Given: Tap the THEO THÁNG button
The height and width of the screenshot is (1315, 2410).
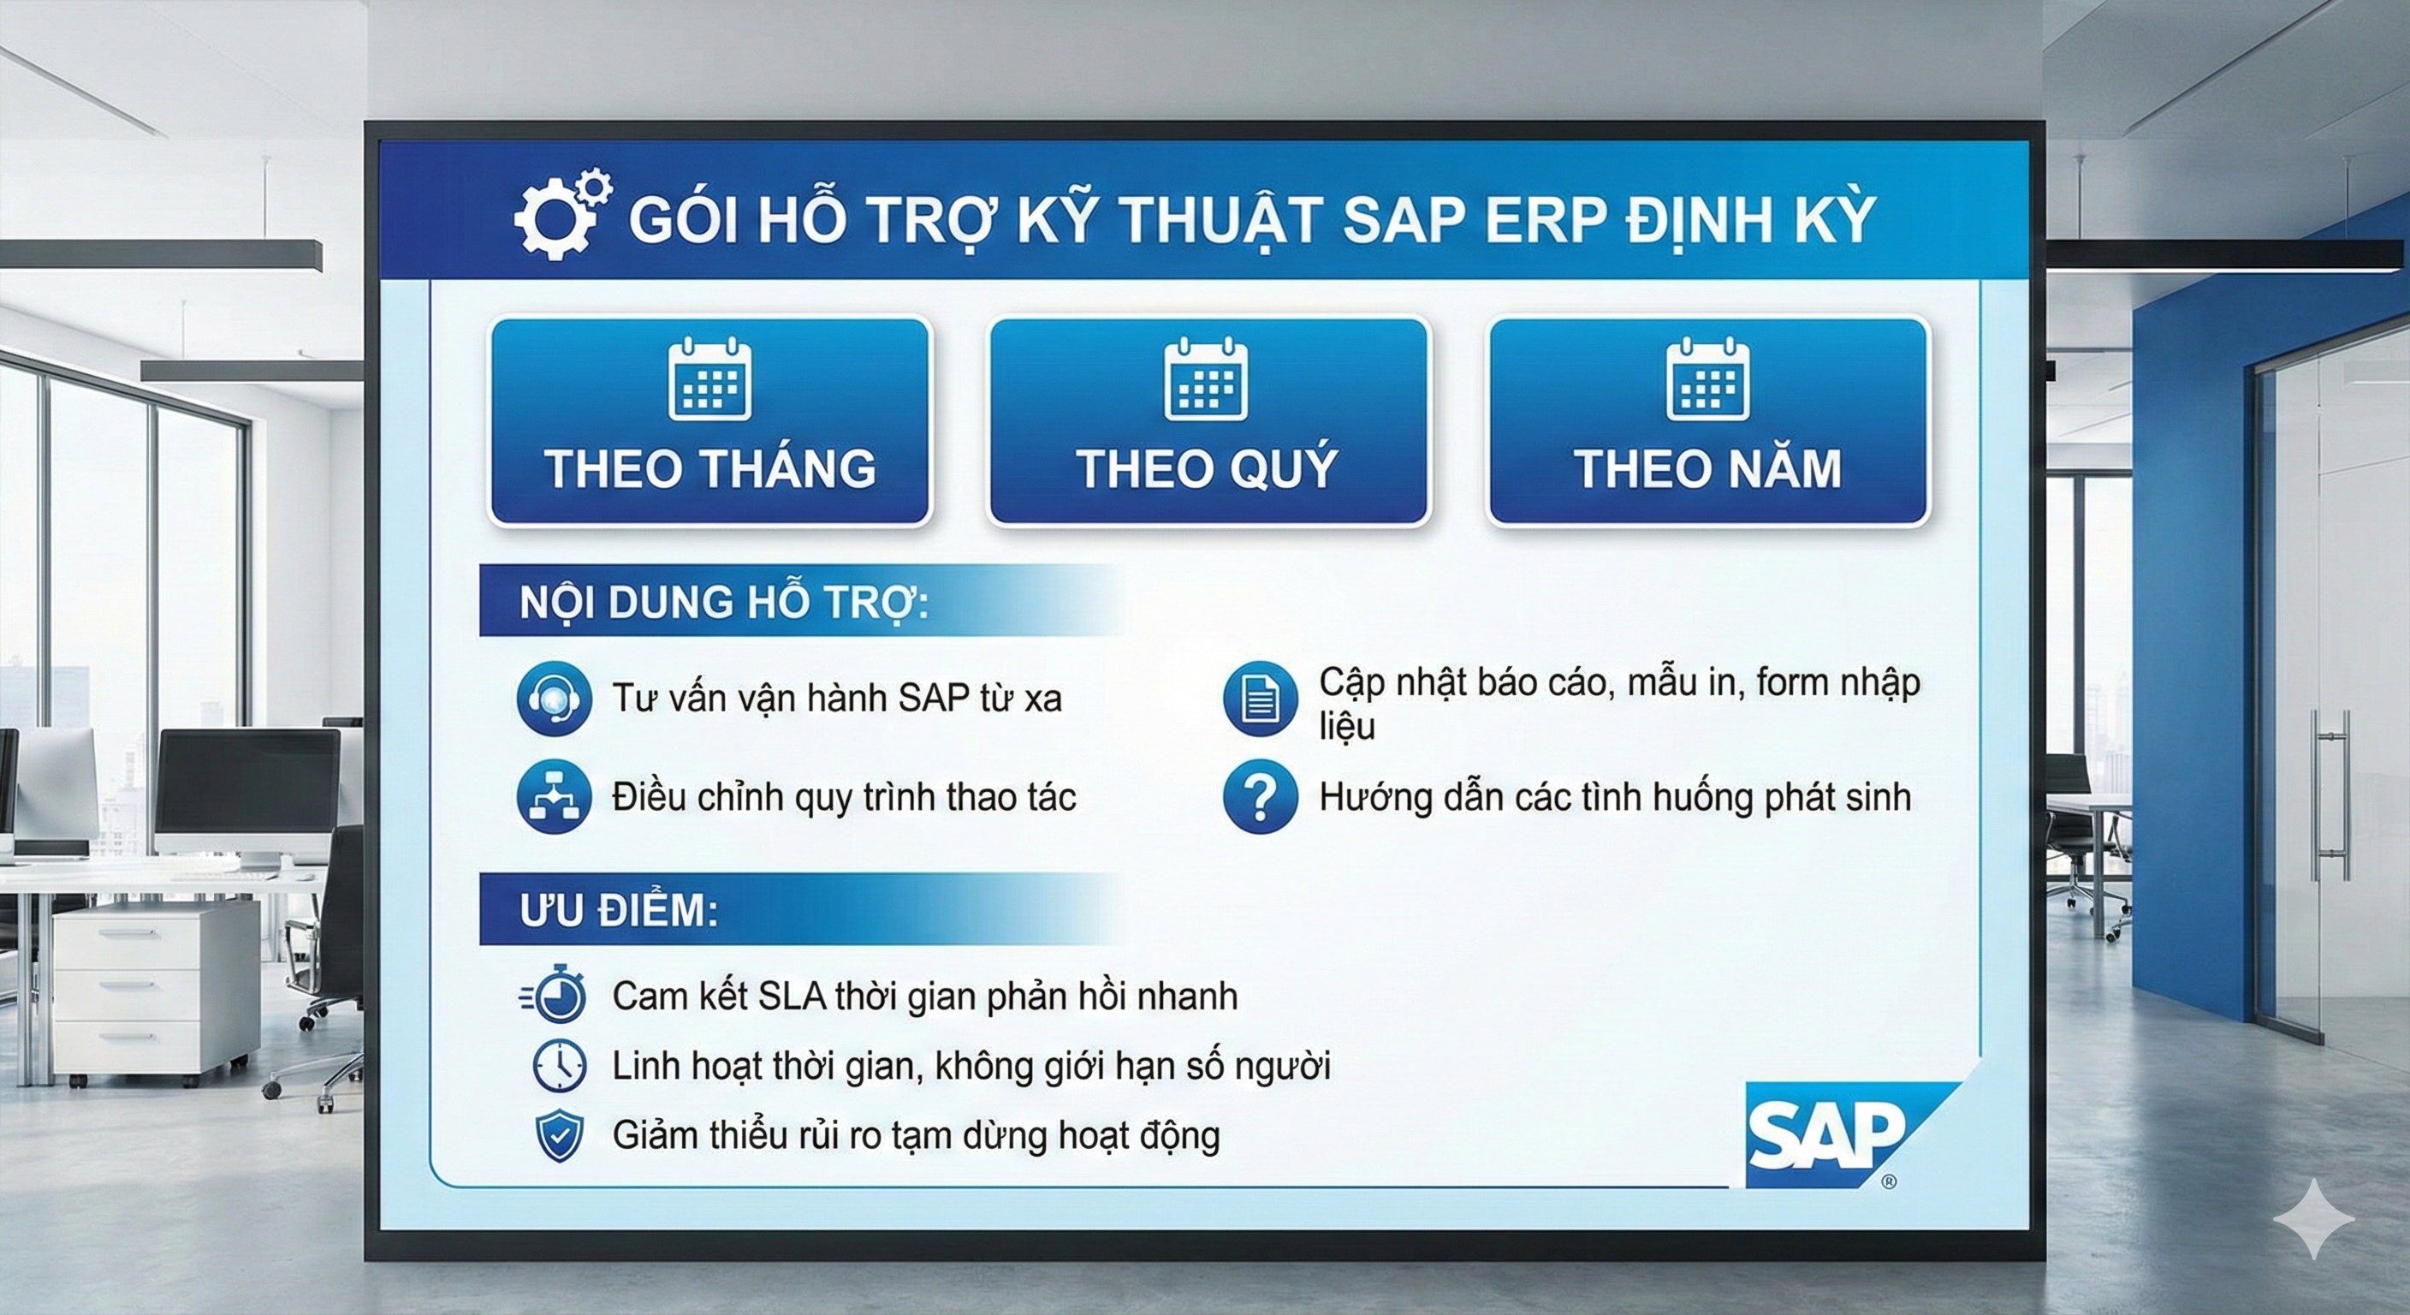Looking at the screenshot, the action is [x=710, y=421].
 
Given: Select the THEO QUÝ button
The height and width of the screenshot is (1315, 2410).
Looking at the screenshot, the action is [x=1208, y=421].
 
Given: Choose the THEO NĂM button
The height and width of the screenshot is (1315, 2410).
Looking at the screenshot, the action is [x=1708, y=421].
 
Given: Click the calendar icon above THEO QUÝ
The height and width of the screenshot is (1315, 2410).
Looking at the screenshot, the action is [x=1206, y=379].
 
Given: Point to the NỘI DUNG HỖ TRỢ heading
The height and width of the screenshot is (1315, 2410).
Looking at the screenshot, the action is [x=724, y=603].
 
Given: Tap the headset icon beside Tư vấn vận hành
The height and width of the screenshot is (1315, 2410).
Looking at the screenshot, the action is [x=554, y=699].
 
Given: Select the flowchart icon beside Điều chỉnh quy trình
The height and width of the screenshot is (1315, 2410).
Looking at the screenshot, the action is [x=554, y=796].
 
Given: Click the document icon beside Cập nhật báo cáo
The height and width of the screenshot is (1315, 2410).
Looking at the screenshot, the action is [x=1260, y=699].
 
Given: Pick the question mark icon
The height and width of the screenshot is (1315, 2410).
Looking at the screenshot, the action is [x=1260, y=796].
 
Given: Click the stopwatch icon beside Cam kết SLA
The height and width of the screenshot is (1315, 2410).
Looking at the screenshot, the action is [x=554, y=993].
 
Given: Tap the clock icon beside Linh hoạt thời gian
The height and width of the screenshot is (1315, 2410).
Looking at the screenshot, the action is [x=559, y=1065].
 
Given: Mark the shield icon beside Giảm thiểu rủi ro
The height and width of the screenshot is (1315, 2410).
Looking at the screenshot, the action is [x=559, y=1136].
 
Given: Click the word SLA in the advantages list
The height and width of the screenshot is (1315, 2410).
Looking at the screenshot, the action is [x=792, y=996].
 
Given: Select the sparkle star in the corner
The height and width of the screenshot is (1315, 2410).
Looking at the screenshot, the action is [x=2313, y=1218].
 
